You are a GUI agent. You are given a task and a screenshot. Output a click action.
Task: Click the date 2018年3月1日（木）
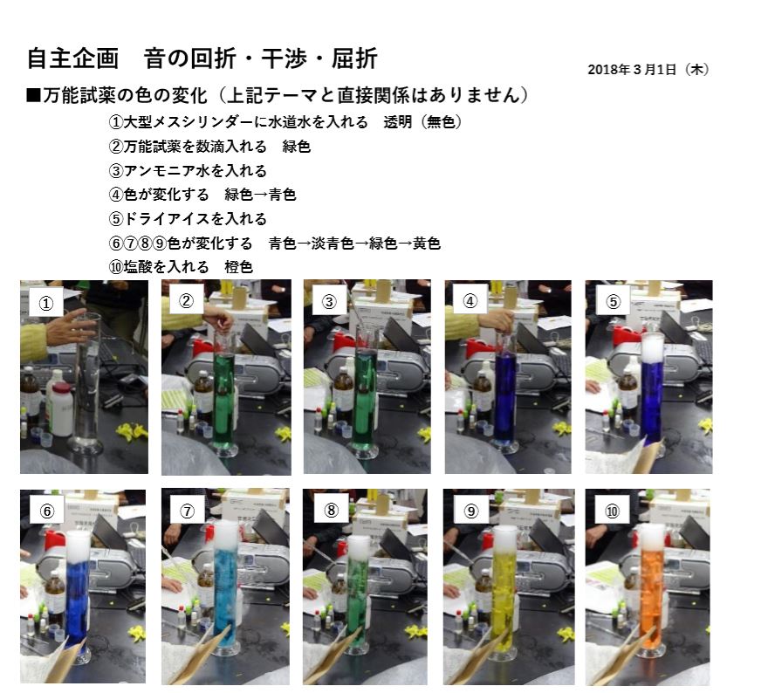648,69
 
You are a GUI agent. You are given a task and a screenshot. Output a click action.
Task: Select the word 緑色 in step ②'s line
297,147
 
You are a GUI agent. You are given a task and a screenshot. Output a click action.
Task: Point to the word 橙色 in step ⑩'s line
239,267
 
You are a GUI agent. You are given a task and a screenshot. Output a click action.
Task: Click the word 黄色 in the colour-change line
427,244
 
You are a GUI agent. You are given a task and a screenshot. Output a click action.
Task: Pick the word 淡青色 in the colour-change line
333,244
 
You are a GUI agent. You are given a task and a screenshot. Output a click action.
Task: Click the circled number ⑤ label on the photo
613,301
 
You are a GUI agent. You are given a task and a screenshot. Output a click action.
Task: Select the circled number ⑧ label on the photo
331,510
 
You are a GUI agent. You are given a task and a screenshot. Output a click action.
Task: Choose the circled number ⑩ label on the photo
613,511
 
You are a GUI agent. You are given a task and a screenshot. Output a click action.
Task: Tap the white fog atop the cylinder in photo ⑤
653,347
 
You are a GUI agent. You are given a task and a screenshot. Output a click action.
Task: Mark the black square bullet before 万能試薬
33,95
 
